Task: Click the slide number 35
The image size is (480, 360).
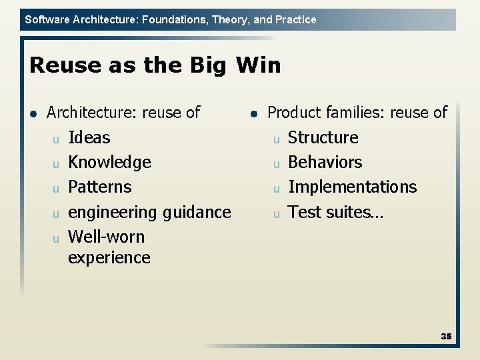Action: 446,337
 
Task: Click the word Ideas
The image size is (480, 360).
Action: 89,138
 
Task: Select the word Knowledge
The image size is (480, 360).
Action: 109,163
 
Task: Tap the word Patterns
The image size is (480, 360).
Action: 100,187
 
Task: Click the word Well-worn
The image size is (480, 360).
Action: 106,237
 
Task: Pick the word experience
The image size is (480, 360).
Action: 109,258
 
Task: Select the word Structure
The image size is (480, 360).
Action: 323,138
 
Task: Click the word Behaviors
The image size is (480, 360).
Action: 325,163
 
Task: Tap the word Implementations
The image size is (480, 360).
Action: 352,187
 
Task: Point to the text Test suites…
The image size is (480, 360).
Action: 335,213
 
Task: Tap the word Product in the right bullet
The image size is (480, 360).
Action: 294,113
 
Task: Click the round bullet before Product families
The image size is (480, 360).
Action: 253,113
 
